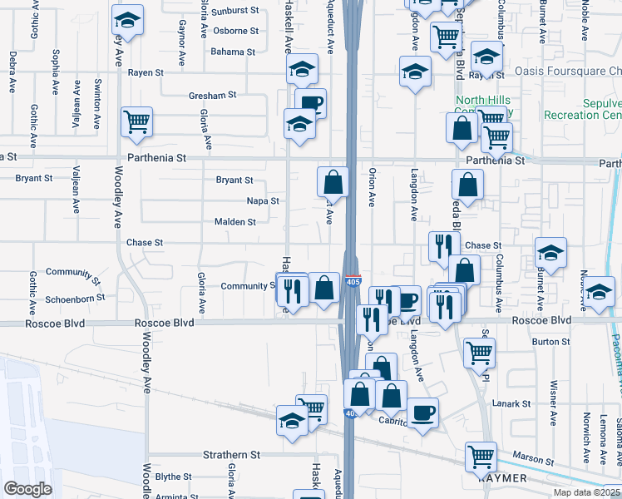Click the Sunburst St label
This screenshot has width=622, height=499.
click(235, 12)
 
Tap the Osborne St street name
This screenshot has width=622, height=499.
click(235, 31)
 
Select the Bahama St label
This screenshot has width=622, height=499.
click(233, 52)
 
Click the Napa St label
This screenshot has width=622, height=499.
click(263, 201)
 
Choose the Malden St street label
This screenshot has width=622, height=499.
click(235, 222)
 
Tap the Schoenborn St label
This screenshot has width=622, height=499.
click(76, 297)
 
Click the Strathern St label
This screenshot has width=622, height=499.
click(232, 455)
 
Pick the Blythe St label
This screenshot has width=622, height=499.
click(173, 477)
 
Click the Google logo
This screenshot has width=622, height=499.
click(27, 489)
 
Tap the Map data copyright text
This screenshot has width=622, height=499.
click(587, 492)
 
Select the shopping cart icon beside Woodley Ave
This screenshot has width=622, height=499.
click(136, 121)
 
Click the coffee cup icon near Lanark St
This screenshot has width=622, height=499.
click(422, 412)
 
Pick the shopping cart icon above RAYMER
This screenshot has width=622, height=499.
click(481, 456)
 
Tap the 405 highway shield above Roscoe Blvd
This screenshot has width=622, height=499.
click(353, 282)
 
